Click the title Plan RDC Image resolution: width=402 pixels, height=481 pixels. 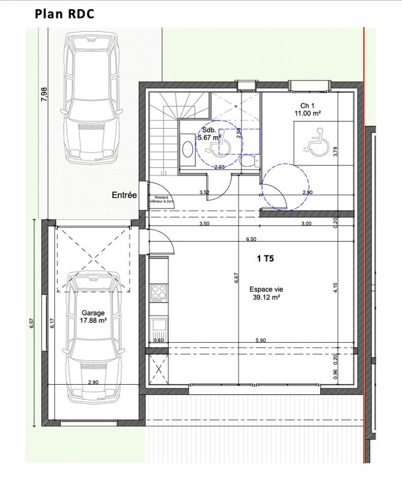tap(64, 14)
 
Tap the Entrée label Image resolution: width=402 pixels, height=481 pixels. tap(124, 195)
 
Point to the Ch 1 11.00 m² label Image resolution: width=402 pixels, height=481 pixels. tap(306, 109)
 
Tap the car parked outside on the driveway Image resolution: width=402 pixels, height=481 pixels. tap(90, 99)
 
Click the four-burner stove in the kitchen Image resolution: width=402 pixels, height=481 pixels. tap(159, 294)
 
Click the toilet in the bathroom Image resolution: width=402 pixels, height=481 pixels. tap(246, 161)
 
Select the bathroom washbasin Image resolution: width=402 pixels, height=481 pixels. tap(186, 149)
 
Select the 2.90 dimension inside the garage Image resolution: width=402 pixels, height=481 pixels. tap(93, 382)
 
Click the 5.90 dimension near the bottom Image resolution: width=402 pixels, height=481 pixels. tap(260, 341)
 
